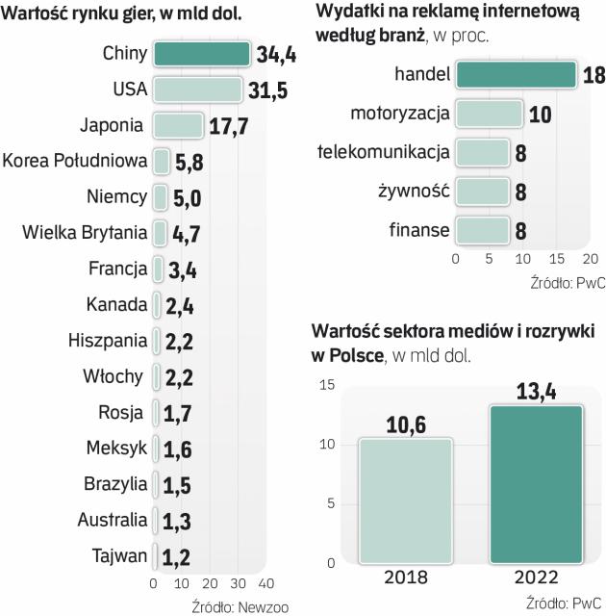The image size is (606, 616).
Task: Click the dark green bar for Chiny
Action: coord(202,54)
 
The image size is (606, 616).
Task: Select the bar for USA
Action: coord(197,90)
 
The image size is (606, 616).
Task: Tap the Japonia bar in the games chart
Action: coord(178,125)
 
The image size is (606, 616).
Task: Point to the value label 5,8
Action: coord(189,162)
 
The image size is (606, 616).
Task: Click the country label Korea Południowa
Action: coord(75,161)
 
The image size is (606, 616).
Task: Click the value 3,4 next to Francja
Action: coord(182,269)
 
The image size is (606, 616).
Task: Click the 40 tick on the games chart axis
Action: coord(266,583)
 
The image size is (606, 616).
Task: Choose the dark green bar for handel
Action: coord(516,75)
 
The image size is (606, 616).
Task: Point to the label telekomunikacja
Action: coord(383,152)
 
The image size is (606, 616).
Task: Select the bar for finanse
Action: coord(482,231)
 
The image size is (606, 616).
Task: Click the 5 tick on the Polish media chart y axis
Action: coord(329,503)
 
